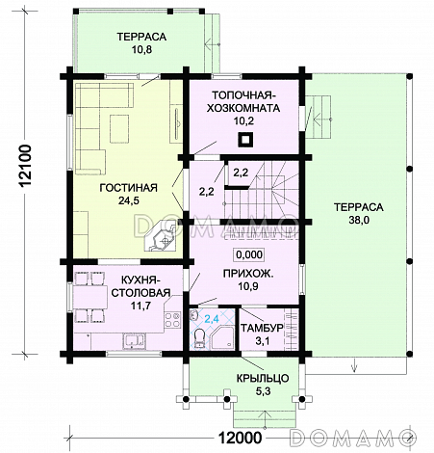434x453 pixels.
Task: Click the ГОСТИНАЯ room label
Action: coord(128,188)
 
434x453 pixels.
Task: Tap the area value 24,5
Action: coord(129,200)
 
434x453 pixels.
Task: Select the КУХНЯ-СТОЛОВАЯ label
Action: coord(140,286)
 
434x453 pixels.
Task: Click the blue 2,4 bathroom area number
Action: coord(212,319)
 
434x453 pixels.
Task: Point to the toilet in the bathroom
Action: coord(200,338)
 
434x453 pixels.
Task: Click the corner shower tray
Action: coord(223,337)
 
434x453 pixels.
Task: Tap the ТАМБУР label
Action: coord(262,328)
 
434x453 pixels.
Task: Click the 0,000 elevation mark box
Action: coord(249,254)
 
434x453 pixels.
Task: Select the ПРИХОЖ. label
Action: coord(248,274)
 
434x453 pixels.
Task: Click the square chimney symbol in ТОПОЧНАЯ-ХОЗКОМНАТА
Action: coord(245,140)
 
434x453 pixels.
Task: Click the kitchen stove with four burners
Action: coord(172,320)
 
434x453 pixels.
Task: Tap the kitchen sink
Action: coord(134,340)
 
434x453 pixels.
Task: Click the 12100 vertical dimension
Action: coord(25,166)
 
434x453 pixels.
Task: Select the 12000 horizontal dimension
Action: coord(240,438)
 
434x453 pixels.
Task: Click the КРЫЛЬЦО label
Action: coord(263,379)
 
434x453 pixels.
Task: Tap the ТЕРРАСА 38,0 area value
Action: coord(359,221)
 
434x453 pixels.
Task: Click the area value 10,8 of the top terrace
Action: coord(141,50)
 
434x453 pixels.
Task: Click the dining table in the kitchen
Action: coord(90,298)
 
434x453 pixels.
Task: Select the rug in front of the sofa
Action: coord(119,128)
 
